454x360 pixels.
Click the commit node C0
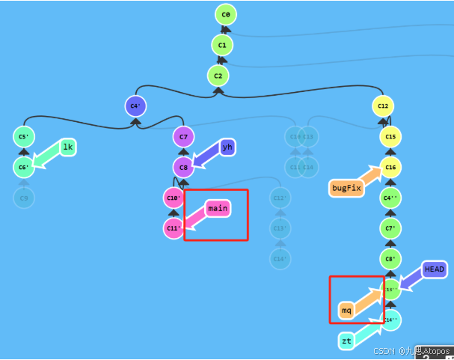225,14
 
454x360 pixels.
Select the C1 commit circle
222,45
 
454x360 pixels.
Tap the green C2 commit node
218,76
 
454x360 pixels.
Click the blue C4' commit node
135,106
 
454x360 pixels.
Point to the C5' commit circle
24,137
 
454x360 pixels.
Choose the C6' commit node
24,167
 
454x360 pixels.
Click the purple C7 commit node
184,137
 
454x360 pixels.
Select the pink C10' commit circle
174,198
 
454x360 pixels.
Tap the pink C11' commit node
174,228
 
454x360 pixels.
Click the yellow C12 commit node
383,106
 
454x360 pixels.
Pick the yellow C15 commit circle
390,137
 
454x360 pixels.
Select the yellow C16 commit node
390,167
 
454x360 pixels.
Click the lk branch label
68,147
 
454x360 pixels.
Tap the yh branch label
227,147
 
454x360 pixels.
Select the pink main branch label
217,207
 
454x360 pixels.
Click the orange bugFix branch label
346,188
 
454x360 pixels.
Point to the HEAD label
434,269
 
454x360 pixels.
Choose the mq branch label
346,309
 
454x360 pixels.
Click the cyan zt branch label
346,341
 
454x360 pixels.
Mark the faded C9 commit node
24,198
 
